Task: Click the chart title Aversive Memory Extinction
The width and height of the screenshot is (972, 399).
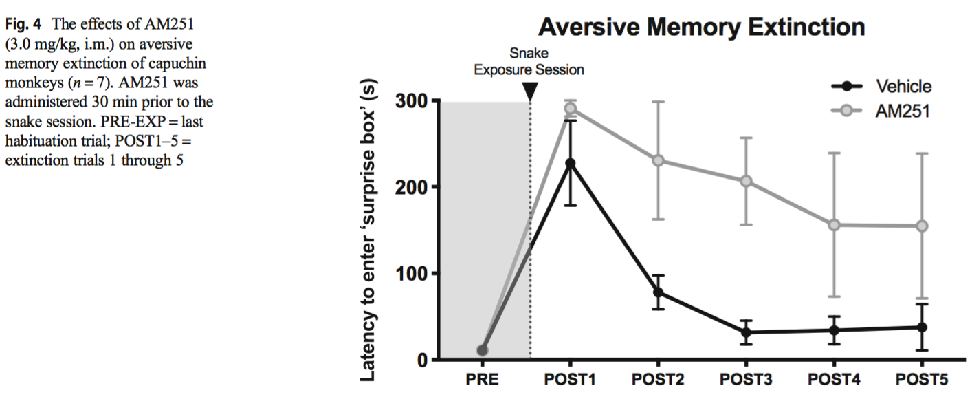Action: click(x=701, y=28)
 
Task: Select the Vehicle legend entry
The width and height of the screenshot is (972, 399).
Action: click(x=903, y=87)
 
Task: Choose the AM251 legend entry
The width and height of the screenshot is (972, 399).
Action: click(x=902, y=111)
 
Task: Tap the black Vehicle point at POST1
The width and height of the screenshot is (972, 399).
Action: click(x=570, y=163)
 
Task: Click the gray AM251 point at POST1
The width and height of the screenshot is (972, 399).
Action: click(x=570, y=108)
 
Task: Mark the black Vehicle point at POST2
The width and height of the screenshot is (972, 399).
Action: click(x=658, y=292)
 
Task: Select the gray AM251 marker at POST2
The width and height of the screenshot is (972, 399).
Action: click(x=658, y=160)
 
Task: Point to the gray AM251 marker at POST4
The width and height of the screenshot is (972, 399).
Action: click(x=834, y=225)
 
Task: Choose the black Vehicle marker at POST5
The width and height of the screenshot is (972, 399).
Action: click(x=921, y=327)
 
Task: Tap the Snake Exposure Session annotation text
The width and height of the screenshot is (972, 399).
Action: click(x=529, y=61)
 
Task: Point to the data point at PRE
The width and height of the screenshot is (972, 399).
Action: click(x=482, y=350)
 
